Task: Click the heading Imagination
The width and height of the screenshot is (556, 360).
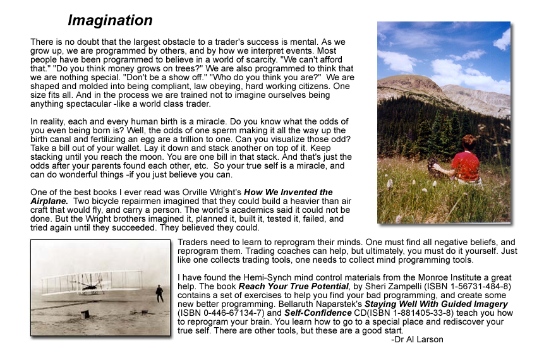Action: pyautogui.click(x=110, y=20)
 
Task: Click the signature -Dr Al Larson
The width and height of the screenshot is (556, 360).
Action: pyautogui.click(x=417, y=339)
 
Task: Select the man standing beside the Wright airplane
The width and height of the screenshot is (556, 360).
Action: pyautogui.click(x=159, y=293)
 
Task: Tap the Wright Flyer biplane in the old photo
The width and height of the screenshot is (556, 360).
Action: pyautogui.click(x=95, y=282)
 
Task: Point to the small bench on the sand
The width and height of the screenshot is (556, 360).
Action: pyautogui.click(x=85, y=314)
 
